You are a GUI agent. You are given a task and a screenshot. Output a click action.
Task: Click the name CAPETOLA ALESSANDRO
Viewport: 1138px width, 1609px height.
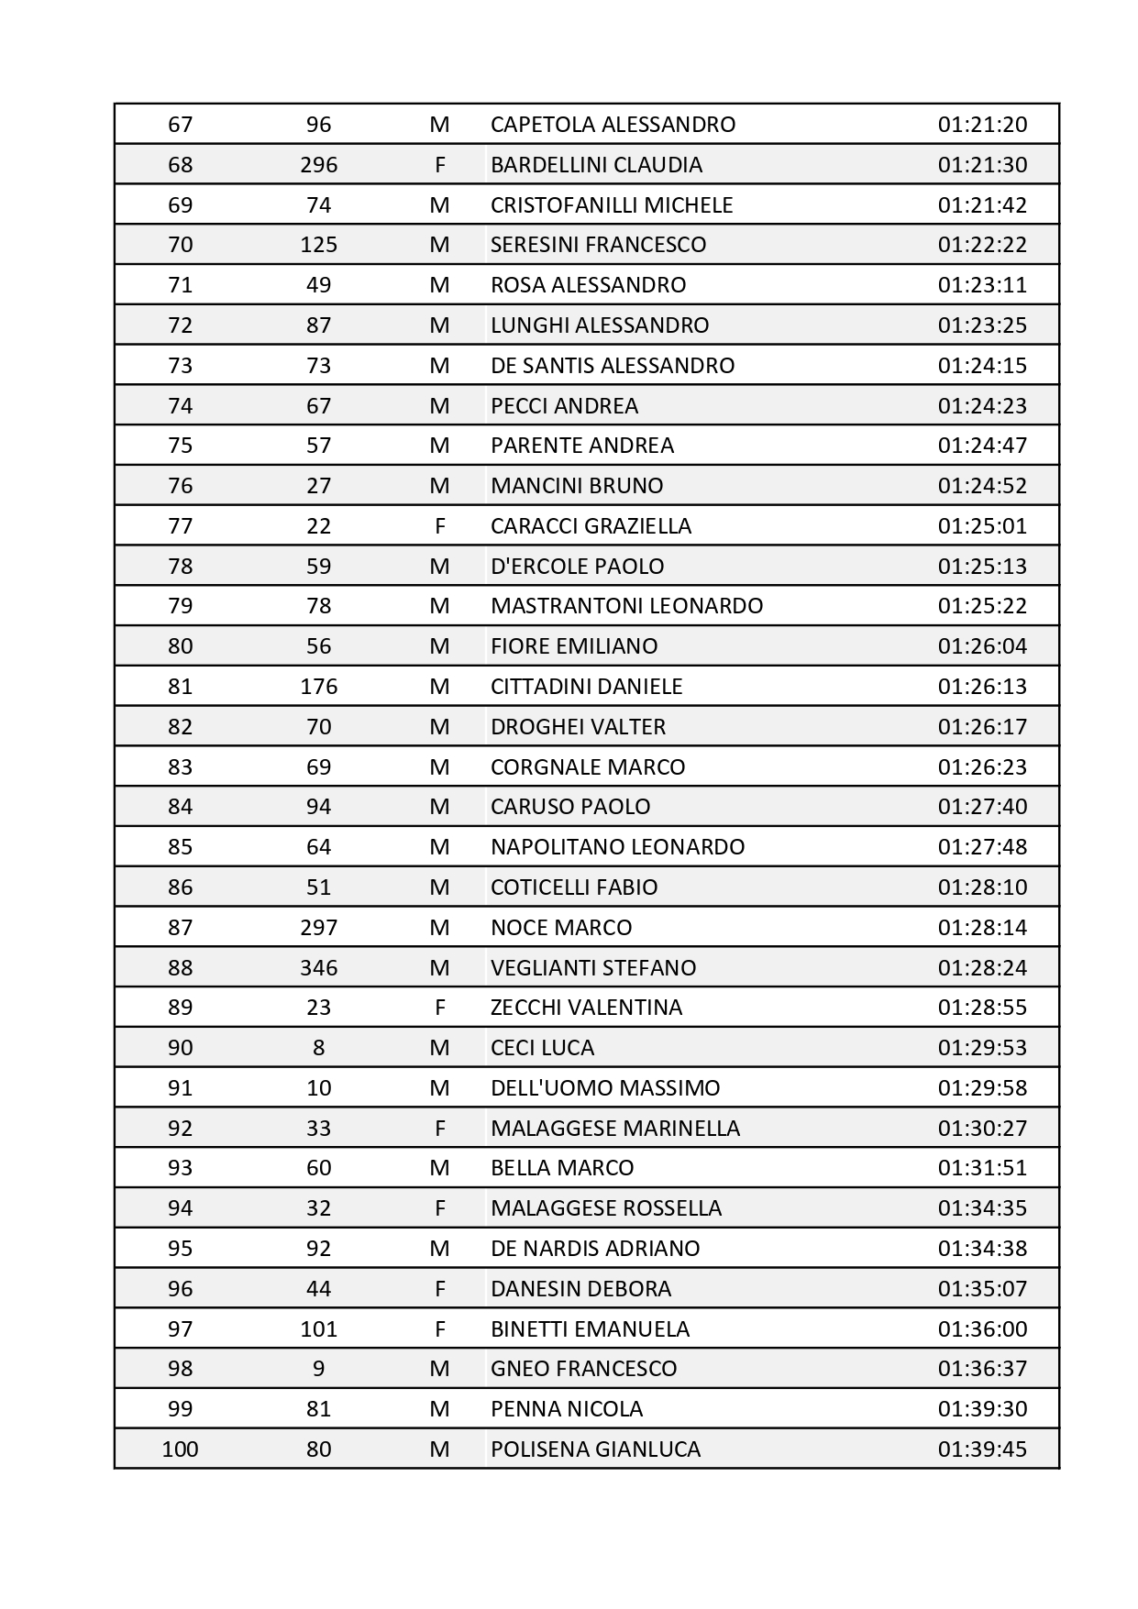pos(613,125)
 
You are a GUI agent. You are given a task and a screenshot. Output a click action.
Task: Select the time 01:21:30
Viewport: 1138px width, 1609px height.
pos(982,165)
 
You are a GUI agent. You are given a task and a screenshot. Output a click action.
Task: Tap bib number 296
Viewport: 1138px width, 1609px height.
pos(318,165)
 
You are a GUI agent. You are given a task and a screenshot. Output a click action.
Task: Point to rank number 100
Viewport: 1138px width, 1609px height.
pos(180,1449)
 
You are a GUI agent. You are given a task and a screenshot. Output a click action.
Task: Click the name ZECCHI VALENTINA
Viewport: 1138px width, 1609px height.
pos(586,1008)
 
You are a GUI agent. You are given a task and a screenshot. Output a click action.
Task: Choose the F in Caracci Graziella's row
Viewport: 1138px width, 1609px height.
pos(439,526)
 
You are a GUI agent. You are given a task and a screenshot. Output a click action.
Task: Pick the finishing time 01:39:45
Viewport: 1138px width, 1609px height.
pos(982,1449)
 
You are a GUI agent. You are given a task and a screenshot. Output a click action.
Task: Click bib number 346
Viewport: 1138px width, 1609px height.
pos(318,968)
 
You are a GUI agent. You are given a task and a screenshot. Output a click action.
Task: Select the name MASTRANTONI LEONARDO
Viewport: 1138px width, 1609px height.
pos(626,606)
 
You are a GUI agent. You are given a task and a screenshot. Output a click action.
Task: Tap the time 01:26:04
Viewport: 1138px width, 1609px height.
pos(982,646)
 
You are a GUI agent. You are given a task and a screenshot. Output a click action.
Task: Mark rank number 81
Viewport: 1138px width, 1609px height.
pos(180,687)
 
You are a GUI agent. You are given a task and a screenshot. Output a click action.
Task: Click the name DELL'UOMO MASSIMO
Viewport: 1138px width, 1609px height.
pos(605,1088)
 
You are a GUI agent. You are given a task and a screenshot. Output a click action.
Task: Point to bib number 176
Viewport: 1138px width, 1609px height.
pos(318,687)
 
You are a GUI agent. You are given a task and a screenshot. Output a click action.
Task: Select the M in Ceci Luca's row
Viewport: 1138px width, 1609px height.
pos(439,1048)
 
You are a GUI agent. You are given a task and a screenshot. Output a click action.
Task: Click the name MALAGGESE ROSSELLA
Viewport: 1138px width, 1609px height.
pos(606,1208)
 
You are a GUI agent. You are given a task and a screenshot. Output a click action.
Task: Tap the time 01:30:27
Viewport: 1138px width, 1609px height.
pos(982,1129)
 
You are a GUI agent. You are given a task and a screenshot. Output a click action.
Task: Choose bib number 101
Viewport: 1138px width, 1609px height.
pos(318,1329)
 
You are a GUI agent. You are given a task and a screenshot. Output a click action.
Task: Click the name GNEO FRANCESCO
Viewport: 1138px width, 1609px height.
pos(583,1369)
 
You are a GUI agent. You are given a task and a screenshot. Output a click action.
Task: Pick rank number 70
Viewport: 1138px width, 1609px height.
pos(180,245)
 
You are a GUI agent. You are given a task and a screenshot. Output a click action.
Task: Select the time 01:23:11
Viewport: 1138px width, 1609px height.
pos(982,285)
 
